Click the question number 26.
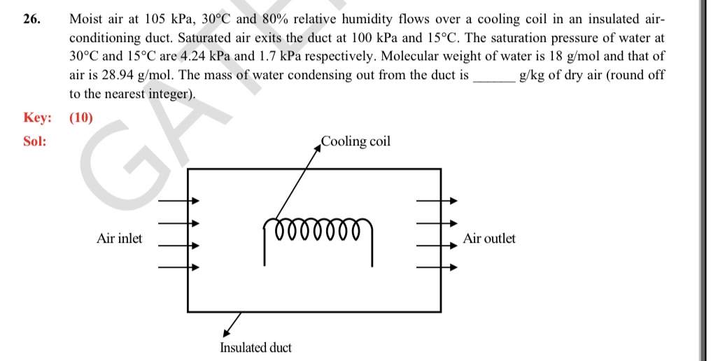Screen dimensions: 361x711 [31, 20]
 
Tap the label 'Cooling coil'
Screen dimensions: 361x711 [355, 142]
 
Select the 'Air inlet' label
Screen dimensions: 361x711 [119, 239]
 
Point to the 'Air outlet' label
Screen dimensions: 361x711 [489, 239]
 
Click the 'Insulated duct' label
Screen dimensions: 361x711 [255, 347]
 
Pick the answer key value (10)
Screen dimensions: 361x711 [81, 118]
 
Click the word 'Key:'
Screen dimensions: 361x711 [38, 118]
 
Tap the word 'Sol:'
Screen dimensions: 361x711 [35, 141]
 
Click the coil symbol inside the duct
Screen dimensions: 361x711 [318, 229]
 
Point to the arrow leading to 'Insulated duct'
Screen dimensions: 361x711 [232, 323]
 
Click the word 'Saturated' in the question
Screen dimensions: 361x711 [208, 38]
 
